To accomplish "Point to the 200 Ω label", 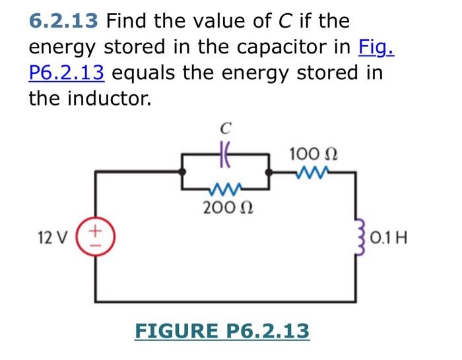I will click(225, 208).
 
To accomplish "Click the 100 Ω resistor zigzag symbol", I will click(313, 173).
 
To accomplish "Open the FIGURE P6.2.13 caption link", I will click(222, 330).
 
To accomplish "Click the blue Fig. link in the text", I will click(376, 47).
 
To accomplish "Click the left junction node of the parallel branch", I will click(182, 170).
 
